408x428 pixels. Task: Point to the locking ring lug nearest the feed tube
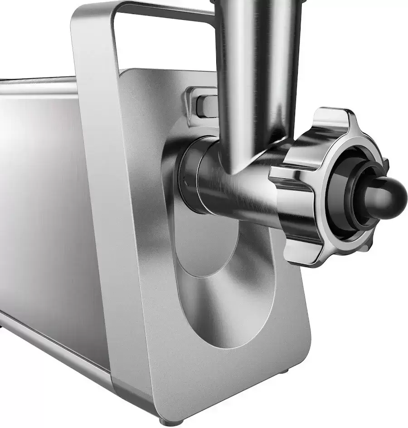coord(283,172)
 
